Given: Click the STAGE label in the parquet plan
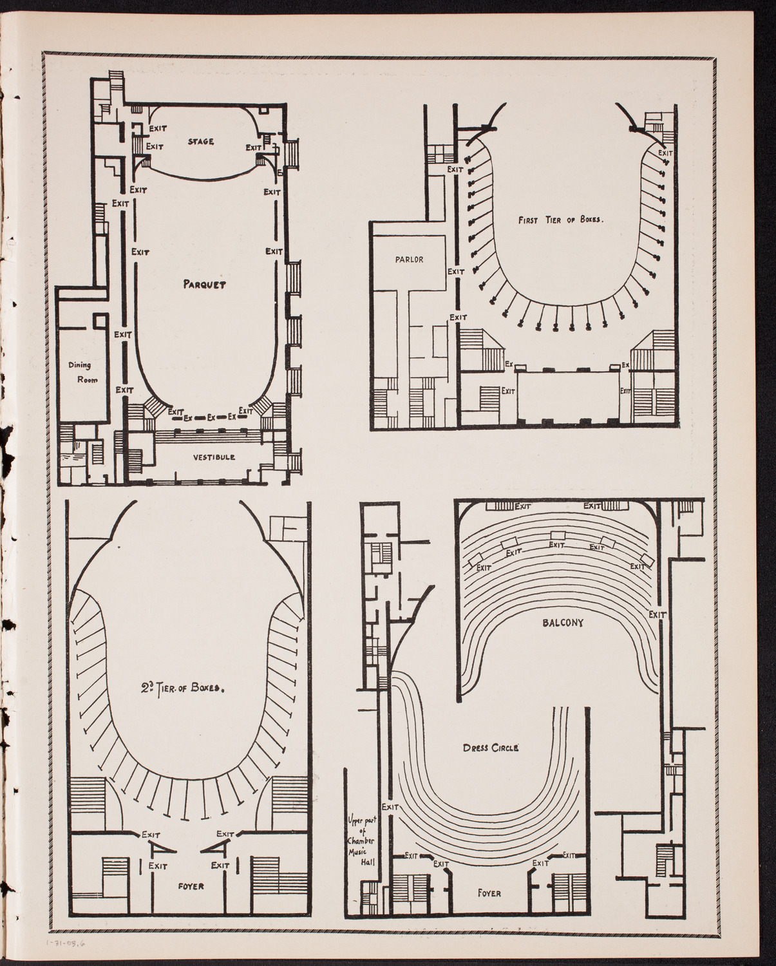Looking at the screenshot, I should [200, 141].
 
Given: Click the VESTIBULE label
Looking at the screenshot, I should [213, 457].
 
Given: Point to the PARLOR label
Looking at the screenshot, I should [410, 260].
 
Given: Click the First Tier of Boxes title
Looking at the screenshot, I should [560, 220].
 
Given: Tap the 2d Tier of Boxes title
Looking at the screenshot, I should [183, 687].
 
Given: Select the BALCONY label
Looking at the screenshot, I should [558, 623].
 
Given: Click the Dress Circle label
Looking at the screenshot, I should [491, 748].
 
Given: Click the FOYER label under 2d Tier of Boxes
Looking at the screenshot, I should [191, 886].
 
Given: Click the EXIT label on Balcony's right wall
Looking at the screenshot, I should [657, 614].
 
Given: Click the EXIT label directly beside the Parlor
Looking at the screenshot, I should [456, 271].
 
